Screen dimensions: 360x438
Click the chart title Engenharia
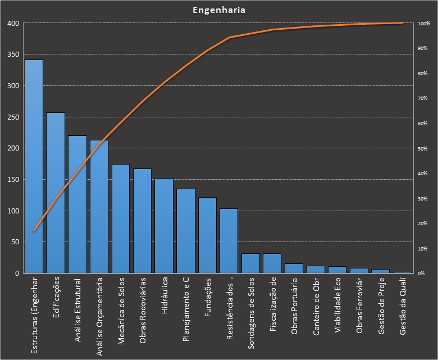tap(218, 10)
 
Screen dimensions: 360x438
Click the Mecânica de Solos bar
tap(121, 218)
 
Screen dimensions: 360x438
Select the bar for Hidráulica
tap(164, 225)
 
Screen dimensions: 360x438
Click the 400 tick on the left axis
tap(13, 24)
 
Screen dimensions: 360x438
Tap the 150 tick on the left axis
tap(13, 180)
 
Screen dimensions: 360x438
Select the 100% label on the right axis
tap(423, 24)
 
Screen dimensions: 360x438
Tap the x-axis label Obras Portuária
tap(294, 307)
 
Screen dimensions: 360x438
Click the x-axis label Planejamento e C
tap(186, 309)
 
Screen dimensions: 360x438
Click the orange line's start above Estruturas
tap(34, 231)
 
